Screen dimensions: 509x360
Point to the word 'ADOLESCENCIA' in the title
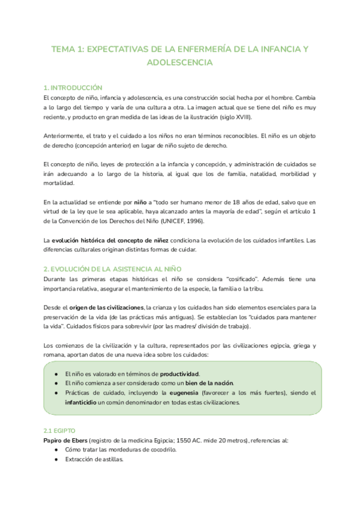tap(179, 62)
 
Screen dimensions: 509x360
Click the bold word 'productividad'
tap(180, 373)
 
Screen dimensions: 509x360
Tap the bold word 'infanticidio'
tap(71, 402)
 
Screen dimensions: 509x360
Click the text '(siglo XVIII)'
tap(232, 117)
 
